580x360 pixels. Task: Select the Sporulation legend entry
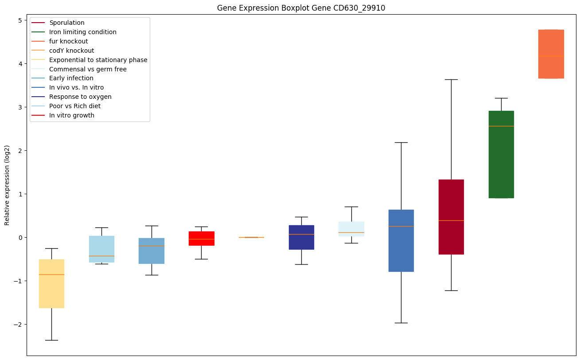[66, 23]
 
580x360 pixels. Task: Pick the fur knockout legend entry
[68, 41]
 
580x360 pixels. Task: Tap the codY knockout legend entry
[71, 51]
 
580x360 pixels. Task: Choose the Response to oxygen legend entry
[80, 97]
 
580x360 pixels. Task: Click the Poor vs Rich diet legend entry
[74, 106]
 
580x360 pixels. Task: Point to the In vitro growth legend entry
[71, 115]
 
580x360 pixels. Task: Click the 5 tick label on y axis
[20, 20]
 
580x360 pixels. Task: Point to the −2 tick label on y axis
[19, 325]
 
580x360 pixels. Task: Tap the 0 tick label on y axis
[20, 238]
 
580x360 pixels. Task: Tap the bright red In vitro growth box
[202, 238]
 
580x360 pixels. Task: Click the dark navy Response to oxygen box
[301, 237]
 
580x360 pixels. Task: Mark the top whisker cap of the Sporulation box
[451, 79]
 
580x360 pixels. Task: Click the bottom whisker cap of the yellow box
[51, 340]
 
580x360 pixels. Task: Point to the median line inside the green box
[501, 126]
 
